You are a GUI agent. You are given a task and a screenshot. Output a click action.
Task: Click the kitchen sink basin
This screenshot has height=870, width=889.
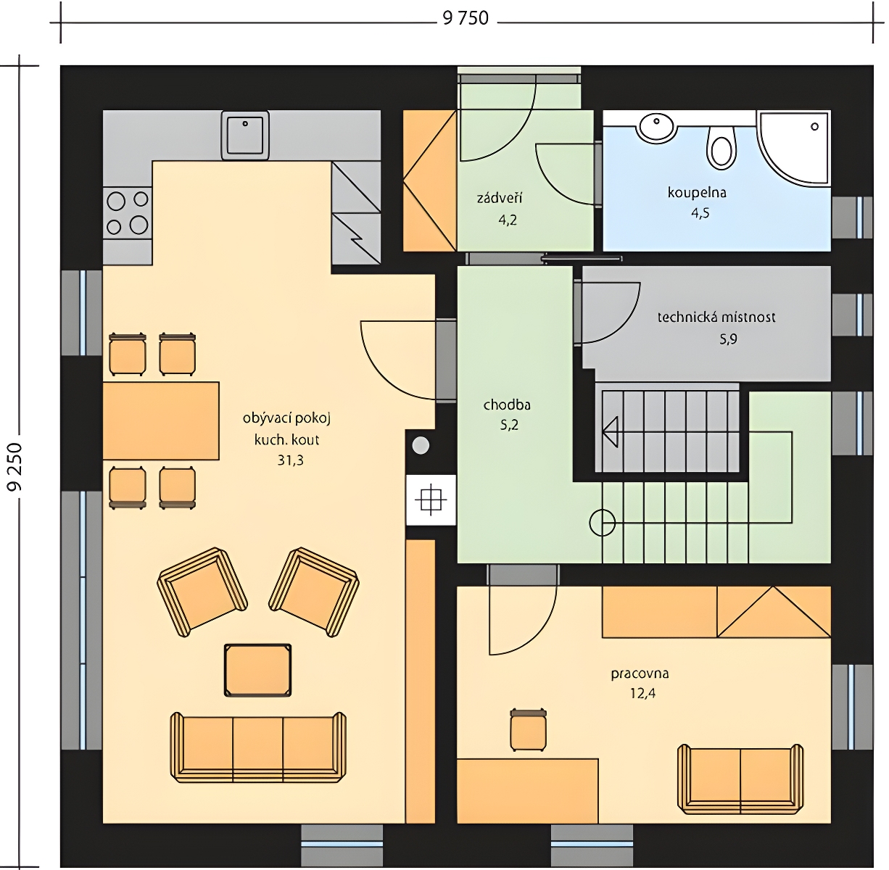tap(245, 135)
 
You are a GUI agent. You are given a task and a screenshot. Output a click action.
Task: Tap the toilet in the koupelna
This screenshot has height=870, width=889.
tap(721, 146)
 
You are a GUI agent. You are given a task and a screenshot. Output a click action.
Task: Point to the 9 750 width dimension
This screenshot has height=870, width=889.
tap(466, 18)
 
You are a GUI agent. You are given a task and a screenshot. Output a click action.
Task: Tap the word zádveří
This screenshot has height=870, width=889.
tap(499, 199)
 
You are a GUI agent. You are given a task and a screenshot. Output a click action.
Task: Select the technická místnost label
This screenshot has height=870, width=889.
tap(716, 318)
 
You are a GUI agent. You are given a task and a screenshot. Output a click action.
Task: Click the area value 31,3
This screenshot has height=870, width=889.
tap(291, 460)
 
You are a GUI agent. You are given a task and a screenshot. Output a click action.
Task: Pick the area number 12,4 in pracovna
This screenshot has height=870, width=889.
tap(642, 693)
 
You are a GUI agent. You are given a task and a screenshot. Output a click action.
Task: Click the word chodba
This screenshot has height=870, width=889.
tap(507, 405)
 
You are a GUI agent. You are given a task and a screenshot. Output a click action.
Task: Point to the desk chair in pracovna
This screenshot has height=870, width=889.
tap(528, 730)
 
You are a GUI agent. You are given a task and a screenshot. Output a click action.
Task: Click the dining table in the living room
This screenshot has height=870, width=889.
tap(160, 420)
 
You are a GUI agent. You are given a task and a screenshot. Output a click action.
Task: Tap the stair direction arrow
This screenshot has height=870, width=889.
tap(610, 432)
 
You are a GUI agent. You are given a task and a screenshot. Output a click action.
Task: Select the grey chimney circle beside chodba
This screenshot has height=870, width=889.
tap(421, 446)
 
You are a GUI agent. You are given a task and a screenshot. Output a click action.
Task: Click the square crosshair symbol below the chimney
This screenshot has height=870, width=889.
tap(431, 500)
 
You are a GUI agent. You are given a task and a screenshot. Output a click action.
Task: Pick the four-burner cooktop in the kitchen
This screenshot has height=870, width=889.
tap(128, 212)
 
